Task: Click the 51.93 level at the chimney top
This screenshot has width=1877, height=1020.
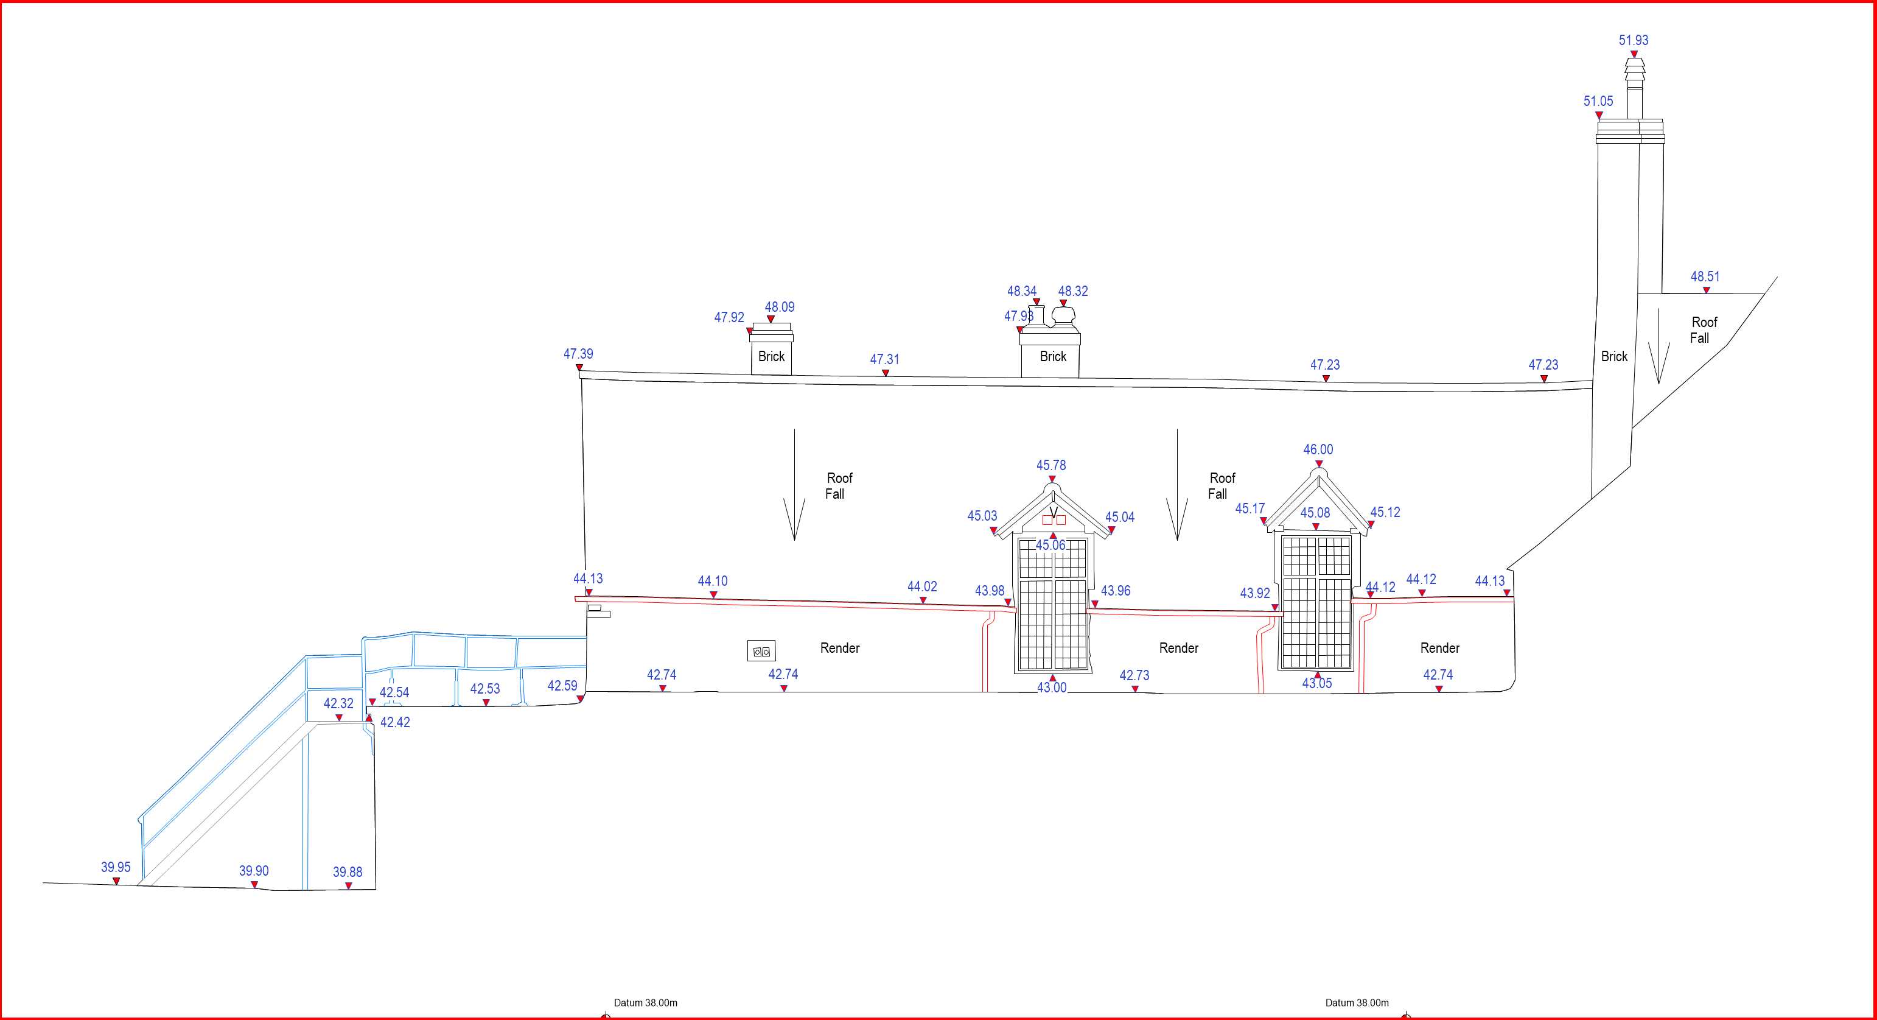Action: point(1633,41)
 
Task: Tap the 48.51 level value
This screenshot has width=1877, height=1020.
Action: point(1705,277)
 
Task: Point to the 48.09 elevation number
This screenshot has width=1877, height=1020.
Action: point(779,308)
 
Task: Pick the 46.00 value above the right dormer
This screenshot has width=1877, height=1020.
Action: point(1318,450)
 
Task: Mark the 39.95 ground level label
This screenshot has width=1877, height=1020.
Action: point(116,868)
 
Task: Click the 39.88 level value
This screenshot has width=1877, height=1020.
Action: point(348,872)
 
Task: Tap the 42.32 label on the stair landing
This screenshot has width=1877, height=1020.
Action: point(338,703)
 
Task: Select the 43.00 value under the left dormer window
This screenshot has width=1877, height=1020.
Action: point(1052,688)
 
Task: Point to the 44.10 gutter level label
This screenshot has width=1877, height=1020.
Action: point(712,581)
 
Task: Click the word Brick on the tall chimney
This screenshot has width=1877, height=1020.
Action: point(1614,356)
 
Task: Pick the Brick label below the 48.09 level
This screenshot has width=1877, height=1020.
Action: point(771,356)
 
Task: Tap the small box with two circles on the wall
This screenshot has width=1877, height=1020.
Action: point(761,651)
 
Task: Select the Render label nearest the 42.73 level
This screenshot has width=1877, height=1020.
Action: point(1178,648)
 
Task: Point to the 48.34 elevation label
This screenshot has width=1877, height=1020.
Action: point(1021,292)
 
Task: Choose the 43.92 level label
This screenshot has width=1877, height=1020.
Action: point(1255,594)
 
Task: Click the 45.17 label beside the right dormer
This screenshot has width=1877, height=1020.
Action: point(1250,509)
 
